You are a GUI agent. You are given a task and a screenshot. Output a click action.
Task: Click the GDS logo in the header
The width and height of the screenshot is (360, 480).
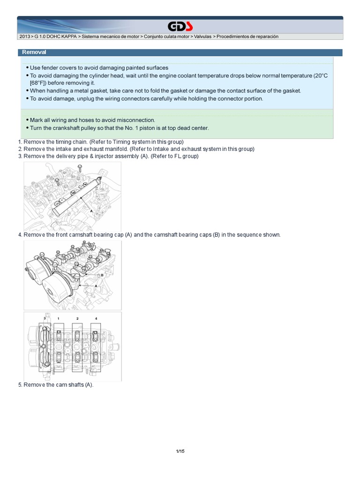tap(180, 26)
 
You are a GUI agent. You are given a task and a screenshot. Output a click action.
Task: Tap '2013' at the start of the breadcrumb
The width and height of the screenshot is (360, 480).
tap(25, 37)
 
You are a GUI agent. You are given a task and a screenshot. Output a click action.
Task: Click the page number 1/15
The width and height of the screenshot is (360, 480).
tap(180, 451)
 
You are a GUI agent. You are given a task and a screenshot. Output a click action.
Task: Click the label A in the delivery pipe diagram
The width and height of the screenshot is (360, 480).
tap(91, 211)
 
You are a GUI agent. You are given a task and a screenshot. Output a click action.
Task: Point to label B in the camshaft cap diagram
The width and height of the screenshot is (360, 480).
tap(102, 275)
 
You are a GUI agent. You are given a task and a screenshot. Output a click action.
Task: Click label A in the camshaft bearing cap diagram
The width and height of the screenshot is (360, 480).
tap(96, 285)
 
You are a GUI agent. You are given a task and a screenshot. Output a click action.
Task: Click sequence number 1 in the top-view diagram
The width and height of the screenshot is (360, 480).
tap(58, 318)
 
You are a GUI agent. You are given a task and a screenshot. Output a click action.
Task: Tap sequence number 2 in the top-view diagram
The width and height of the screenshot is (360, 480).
tap(77, 318)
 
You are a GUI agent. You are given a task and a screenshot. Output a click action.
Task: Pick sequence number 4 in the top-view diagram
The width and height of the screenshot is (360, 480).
tap(96, 318)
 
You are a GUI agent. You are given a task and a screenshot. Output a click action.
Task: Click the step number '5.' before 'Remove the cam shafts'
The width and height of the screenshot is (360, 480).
tap(20, 385)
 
